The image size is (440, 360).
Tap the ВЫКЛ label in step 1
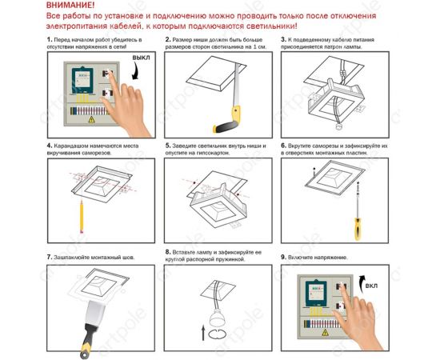[141, 58]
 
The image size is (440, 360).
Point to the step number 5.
[167, 146]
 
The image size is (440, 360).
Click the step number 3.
[283, 38]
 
